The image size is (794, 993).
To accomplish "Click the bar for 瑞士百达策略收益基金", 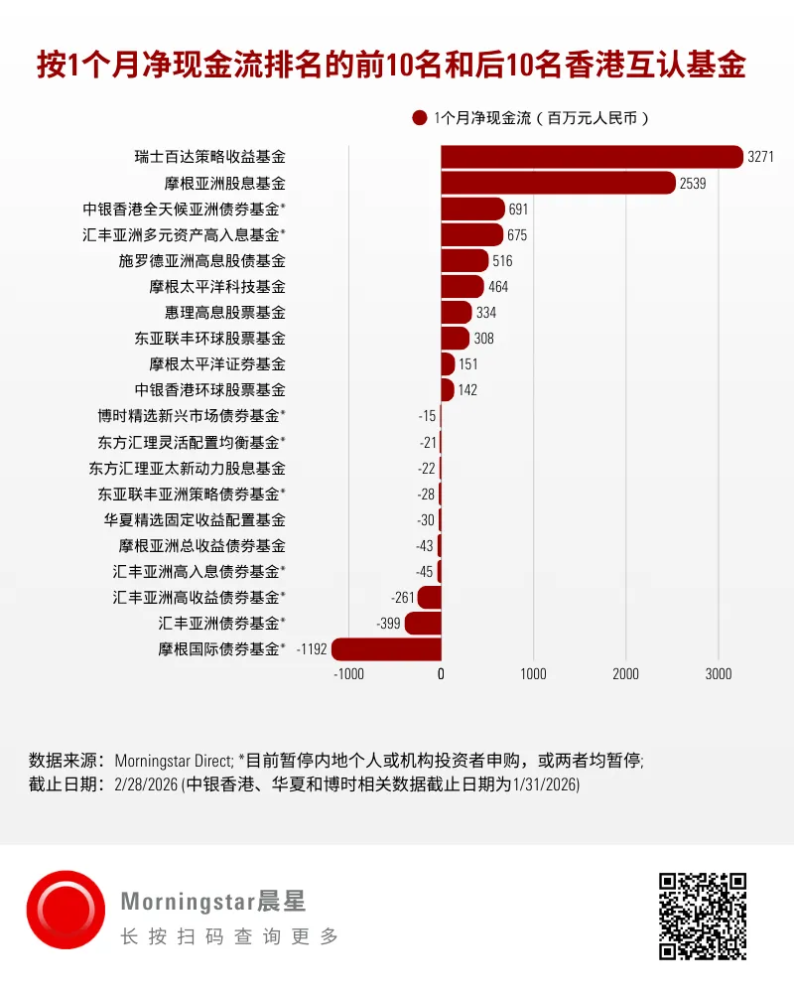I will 592,157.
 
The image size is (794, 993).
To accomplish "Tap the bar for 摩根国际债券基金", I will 386,649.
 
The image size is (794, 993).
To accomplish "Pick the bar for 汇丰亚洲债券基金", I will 423,624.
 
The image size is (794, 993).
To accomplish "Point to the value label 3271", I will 760,157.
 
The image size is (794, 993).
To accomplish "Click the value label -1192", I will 313,649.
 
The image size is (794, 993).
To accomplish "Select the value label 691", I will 518,210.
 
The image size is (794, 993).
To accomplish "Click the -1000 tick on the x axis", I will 349,674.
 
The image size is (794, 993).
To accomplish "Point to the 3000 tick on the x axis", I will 719,674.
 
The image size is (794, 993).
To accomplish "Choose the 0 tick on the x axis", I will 442,674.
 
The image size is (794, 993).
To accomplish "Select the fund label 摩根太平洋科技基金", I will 217,287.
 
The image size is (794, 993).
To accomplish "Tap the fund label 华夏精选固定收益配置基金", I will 195,519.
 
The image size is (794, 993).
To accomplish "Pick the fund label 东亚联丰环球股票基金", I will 210,339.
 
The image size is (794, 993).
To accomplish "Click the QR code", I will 703,916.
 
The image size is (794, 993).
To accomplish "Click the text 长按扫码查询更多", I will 229,936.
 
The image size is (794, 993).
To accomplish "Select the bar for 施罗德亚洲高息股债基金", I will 464,261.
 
